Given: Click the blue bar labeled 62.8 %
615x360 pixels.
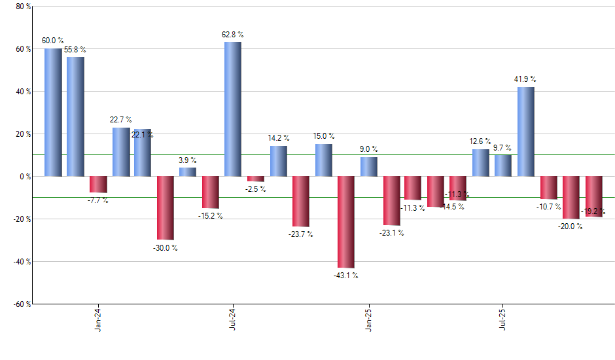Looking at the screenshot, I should pos(233,109).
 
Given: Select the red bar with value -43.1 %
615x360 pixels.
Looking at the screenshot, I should pos(345,222).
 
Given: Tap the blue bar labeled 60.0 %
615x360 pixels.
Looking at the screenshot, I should pos(53,112).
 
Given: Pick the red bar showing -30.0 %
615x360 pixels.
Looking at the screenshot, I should pos(165,207).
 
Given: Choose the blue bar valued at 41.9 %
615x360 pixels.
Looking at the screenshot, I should pos(526,131).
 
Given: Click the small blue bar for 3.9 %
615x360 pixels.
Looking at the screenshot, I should pos(188,171).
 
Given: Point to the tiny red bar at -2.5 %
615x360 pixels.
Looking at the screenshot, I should pos(255,179).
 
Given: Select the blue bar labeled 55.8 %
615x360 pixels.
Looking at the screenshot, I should pos(75,117).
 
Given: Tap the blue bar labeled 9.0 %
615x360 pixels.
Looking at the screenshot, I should pos(368,166).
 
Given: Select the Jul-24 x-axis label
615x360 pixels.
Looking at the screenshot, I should pos(233,320).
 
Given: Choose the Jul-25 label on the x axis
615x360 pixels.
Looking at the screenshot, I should pos(503,320).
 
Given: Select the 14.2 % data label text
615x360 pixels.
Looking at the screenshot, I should pos(279,138).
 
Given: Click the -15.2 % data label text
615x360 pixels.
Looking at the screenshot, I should pos(211,216).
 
